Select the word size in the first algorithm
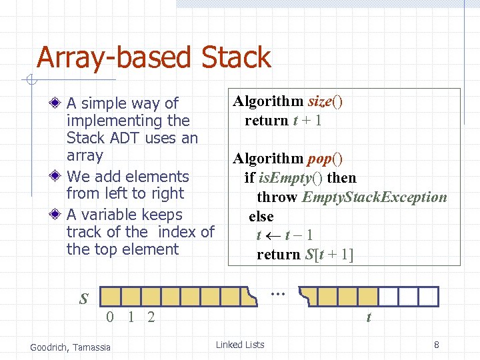pyautogui.click(x=320, y=101)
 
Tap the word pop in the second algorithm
pyautogui.click(x=320, y=159)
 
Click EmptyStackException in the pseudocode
pyautogui.click(x=374, y=197)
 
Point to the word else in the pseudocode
pyautogui.click(x=261, y=216)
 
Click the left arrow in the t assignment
pyautogui.click(x=273, y=235)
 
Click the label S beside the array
pyautogui.click(x=83, y=299)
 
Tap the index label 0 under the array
pyautogui.click(x=111, y=317)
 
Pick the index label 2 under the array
pyautogui.click(x=151, y=317)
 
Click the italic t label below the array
pyautogui.click(x=368, y=318)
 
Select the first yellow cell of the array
pyautogui.click(x=112, y=296)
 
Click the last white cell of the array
pyautogui.click(x=428, y=296)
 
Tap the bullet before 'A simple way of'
pyautogui.click(x=59, y=103)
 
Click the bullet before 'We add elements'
pyautogui.click(x=59, y=177)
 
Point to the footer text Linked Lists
pyautogui.click(x=240, y=345)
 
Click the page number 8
pyautogui.click(x=436, y=345)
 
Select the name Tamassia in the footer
pyautogui.click(x=92, y=346)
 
